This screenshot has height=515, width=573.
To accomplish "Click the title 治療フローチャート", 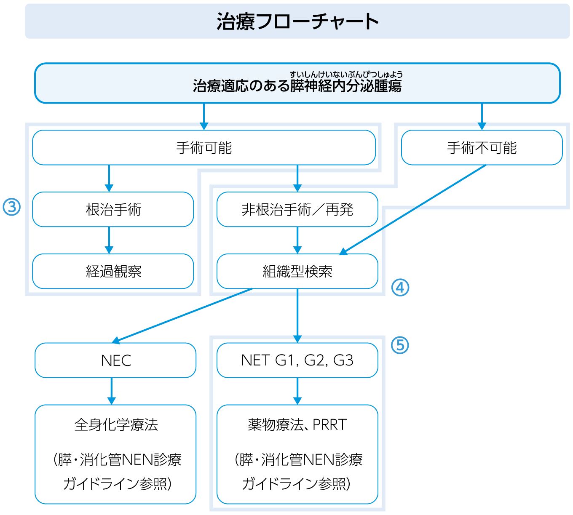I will (x=297, y=21).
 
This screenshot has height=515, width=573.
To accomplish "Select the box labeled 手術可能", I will (x=204, y=148).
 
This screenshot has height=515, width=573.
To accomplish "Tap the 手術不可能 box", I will (x=482, y=148).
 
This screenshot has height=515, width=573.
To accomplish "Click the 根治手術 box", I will (x=113, y=209).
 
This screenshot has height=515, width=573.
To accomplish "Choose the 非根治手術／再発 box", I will (x=297, y=209).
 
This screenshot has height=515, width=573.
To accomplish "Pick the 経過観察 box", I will (x=113, y=271).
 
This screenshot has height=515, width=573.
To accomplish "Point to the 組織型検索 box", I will (x=297, y=271).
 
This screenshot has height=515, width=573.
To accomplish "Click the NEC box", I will (x=115, y=360).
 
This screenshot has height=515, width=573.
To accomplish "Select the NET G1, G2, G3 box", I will (x=297, y=360).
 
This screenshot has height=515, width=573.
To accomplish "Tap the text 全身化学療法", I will (x=116, y=424).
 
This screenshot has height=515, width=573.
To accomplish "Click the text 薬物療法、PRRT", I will (x=297, y=424).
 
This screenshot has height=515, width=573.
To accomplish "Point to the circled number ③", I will (x=11, y=207).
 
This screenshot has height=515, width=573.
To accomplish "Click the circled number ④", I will (x=400, y=288).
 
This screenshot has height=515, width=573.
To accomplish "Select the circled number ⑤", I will (x=400, y=345).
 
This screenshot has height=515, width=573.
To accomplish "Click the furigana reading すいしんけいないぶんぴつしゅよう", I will (x=346, y=75).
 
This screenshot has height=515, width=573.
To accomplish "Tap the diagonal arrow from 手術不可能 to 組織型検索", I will (x=413, y=210).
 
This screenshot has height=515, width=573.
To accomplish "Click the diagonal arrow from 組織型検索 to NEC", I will (x=181, y=315).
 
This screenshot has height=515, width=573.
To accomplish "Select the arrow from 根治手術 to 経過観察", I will (x=109, y=240).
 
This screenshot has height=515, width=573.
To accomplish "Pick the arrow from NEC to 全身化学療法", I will (x=112, y=391).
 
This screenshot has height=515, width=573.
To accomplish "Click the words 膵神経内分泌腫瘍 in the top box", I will (x=346, y=86).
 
